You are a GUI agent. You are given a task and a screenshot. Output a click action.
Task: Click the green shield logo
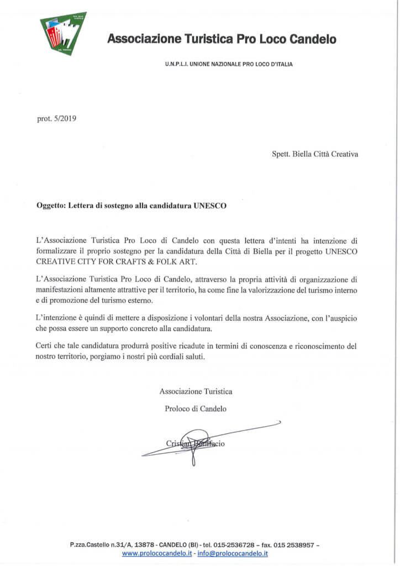[x=63, y=33]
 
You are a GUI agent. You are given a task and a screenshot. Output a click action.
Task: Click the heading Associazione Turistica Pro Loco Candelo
[x=221, y=39]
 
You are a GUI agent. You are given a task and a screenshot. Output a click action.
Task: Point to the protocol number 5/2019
[x=65, y=118]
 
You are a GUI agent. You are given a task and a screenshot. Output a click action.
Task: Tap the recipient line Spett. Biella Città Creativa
[x=315, y=154]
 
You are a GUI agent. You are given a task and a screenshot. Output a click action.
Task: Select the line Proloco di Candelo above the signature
[x=196, y=409]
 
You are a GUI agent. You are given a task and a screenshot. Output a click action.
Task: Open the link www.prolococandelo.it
[x=153, y=553]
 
